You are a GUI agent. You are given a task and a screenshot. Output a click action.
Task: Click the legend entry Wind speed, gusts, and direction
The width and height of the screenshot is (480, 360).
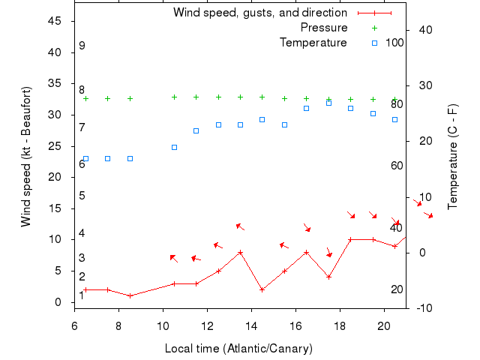pyautogui.click(x=259, y=13)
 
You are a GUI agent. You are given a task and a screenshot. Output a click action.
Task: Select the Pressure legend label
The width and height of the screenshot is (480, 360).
pyautogui.click(x=324, y=28)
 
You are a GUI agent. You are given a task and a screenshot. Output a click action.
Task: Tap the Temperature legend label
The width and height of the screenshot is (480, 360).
pyautogui.click(x=313, y=43)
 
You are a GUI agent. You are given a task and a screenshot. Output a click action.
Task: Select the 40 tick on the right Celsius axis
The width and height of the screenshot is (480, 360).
pyautogui.click(x=424, y=30)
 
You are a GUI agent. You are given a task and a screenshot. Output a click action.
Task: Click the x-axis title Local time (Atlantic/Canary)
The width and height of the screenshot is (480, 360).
pyautogui.click(x=238, y=349)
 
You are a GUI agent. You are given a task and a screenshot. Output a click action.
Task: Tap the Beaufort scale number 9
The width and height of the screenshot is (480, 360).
pyautogui.click(x=82, y=46)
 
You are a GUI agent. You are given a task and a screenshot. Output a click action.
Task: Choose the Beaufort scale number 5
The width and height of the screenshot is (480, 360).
pyautogui.click(x=82, y=196)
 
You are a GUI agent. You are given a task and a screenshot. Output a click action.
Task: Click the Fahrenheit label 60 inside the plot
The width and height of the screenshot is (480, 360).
pyautogui.click(x=397, y=166)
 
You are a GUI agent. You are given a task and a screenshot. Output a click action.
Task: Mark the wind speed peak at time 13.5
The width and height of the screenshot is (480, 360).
pyautogui.click(x=240, y=252)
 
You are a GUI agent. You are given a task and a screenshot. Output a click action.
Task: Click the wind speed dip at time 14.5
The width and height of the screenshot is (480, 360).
pyautogui.click(x=262, y=289)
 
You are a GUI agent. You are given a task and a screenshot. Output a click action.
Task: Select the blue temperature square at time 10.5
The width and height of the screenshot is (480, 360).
pyautogui.click(x=174, y=147)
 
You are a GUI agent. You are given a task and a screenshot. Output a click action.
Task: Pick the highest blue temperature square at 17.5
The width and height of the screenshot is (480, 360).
pyautogui.click(x=328, y=103)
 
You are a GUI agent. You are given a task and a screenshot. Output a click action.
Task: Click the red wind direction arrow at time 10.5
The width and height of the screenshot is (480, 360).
pyautogui.click(x=174, y=258)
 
